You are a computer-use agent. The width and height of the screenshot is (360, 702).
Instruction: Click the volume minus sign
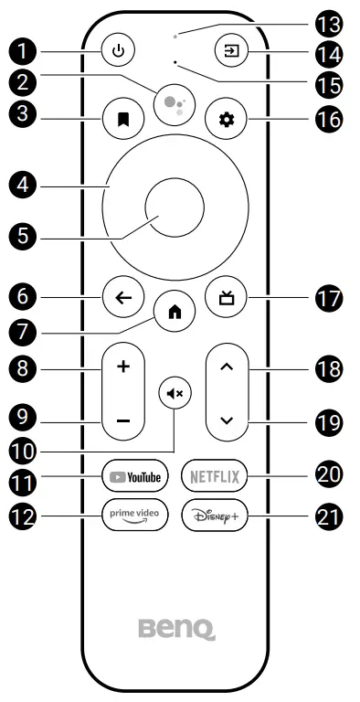[123, 421]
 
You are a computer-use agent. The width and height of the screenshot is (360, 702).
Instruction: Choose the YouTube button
[135, 476]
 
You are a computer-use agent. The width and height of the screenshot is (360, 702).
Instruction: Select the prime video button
[135, 514]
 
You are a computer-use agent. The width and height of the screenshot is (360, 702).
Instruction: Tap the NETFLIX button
[214, 476]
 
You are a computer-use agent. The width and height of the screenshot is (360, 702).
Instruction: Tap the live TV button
[228, 296]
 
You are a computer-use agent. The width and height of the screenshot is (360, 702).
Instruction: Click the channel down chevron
[228, 421]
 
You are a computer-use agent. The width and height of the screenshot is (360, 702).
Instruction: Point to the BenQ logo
[176, 629]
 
